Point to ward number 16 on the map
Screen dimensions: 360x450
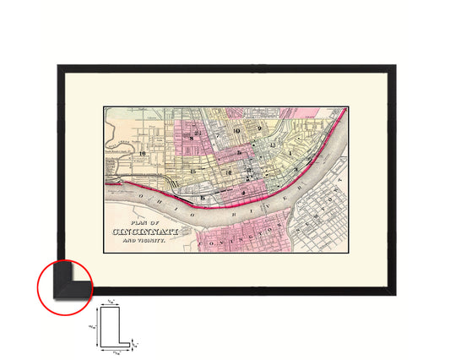(144, 153)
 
